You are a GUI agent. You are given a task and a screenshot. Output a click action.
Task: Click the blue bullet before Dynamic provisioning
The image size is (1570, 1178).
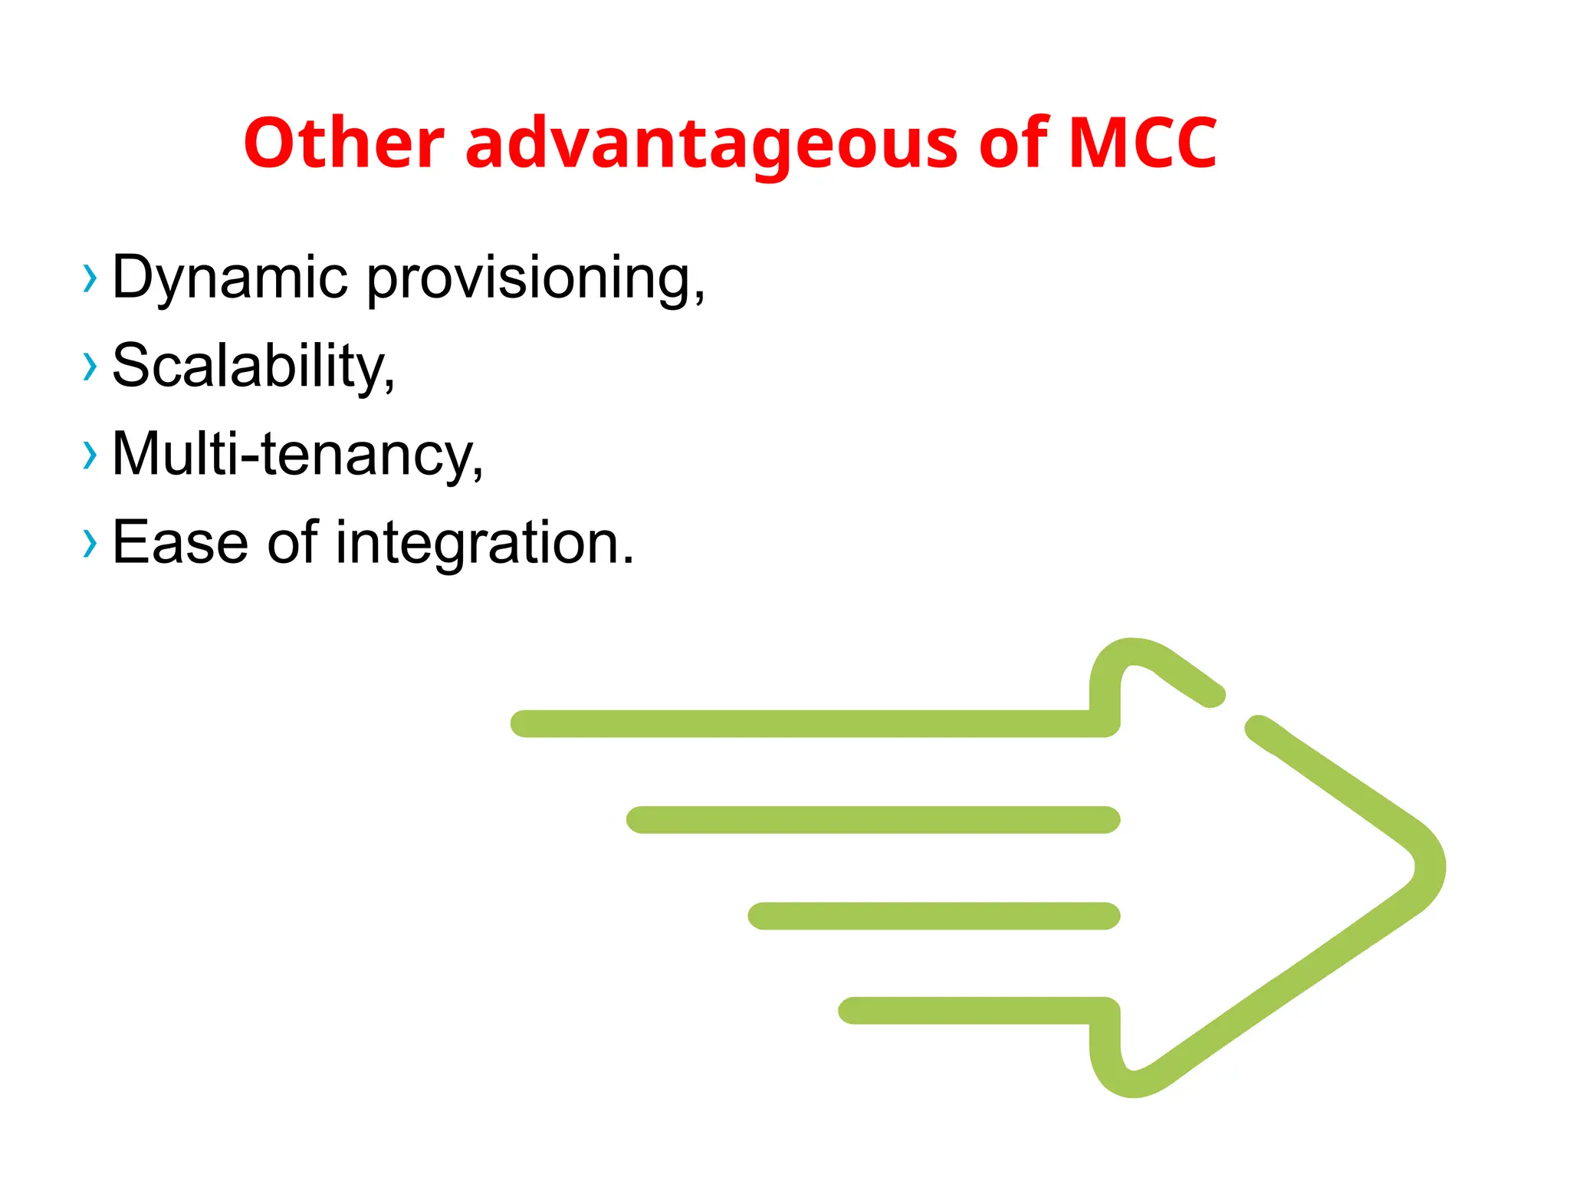point(90,278)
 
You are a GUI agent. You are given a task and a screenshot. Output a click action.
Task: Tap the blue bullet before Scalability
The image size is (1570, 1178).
point(90,367)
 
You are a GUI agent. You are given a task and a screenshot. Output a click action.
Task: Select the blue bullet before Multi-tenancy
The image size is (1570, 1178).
point(90,455)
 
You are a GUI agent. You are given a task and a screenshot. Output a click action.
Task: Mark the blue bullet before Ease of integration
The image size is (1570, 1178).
point(90,544)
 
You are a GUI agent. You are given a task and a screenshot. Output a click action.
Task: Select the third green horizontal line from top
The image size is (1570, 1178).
point(934,916)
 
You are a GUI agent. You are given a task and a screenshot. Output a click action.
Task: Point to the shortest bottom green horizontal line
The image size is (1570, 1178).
point(966,1010)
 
